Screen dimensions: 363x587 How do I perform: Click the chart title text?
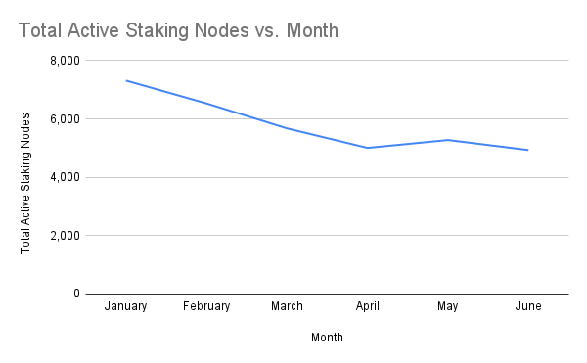[178, 30]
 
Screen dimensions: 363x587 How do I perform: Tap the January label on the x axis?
[125, 306]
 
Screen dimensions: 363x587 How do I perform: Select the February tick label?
[205, 306]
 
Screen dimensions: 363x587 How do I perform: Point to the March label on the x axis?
[287, 306]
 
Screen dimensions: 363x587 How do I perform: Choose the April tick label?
[368, 306]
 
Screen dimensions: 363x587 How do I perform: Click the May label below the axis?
[448, 306]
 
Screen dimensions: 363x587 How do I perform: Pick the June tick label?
[528, 306]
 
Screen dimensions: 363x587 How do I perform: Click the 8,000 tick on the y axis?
[64, 61]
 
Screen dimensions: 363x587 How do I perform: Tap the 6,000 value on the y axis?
[64, 119]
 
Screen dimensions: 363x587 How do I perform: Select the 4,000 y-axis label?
[64, 177]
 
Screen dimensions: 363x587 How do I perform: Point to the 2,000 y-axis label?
[64, 236]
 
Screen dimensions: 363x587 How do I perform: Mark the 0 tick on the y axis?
[75, 294]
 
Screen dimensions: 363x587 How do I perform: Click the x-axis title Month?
[327, 338]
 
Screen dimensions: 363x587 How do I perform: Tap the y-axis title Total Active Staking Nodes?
[26, 183]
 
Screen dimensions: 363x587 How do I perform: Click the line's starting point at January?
[125, 80]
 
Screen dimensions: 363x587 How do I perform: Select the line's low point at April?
[368, 148]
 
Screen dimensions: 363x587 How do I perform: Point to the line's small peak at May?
[448, 140]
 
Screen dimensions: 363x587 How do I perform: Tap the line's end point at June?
[528, 150]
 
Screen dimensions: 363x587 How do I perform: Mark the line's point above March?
[287, 128]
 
